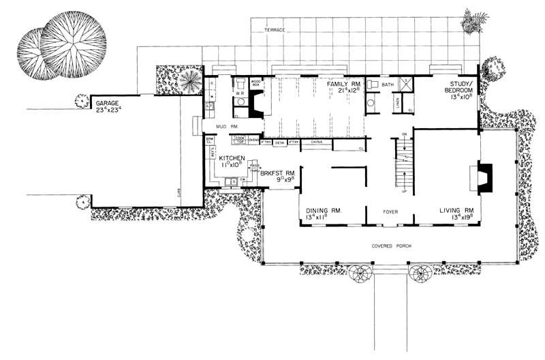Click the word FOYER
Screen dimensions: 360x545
point(390,211)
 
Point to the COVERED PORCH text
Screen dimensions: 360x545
point(390,245)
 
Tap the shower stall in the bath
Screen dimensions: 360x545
point(403,84)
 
